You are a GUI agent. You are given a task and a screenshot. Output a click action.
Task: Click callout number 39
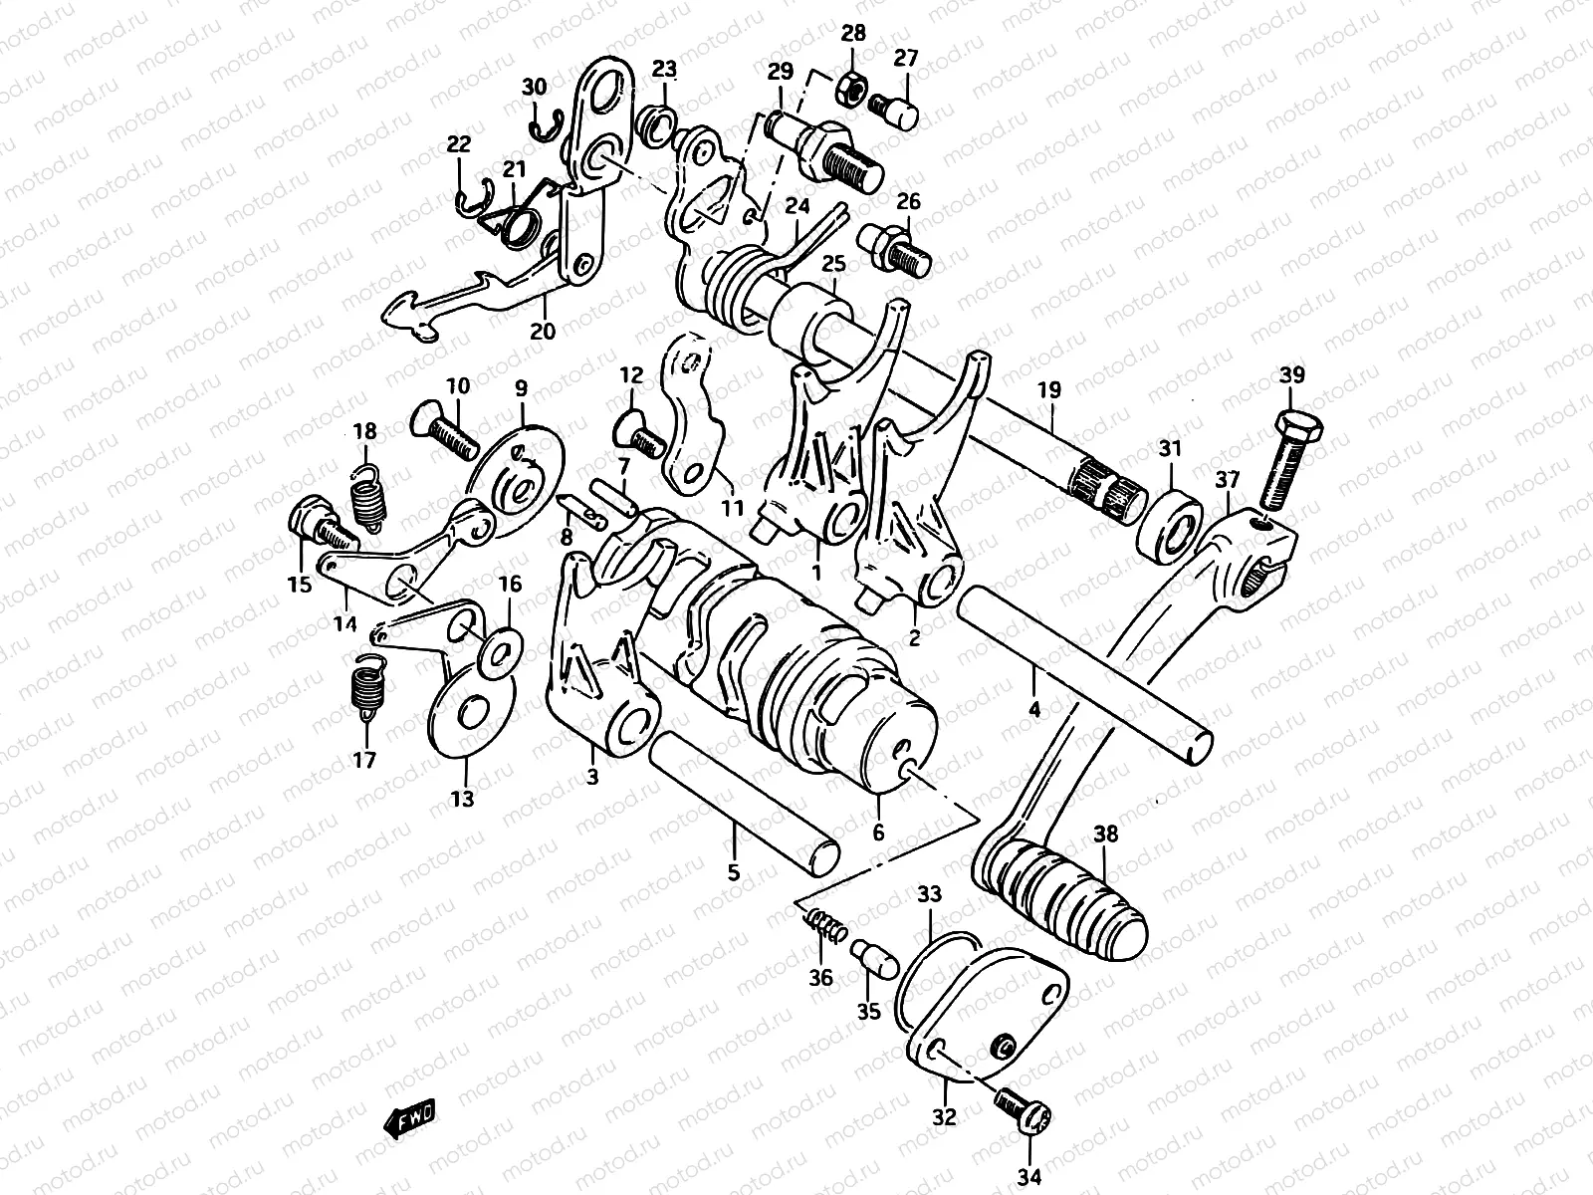click(x=1291, y=375)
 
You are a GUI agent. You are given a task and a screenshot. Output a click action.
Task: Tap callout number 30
click(x=535, y=88)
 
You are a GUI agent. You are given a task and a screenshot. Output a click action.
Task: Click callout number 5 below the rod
click(x=734, y=874)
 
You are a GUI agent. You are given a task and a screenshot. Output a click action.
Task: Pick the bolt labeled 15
click(x=313, y=524)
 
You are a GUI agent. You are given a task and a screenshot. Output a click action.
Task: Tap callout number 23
click(x=664, y=69)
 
